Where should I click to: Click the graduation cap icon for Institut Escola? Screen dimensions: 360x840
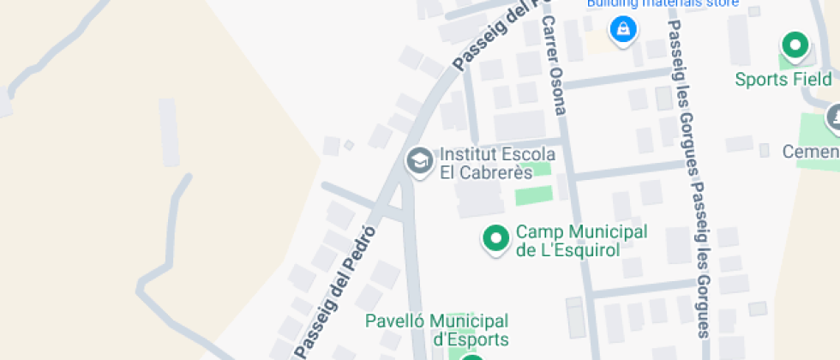coord(419,160)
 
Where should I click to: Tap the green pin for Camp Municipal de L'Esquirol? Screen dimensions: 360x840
coord(495,238)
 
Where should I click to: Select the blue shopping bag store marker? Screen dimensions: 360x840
coord(621,30)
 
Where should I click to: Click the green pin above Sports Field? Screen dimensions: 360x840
coord(795,45)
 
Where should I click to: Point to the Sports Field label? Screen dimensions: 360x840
coord(783,79)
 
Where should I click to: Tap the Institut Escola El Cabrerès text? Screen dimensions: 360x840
coord(497,163)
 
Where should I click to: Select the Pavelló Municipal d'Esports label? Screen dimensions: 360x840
coord(436,330)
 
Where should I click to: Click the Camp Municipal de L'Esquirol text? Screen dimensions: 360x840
coord(580,241)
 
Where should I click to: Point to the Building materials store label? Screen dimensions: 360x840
coord(662,3)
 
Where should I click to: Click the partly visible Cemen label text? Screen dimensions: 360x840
coord(810,152)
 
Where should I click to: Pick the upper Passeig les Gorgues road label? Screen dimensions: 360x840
coord(682,94)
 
